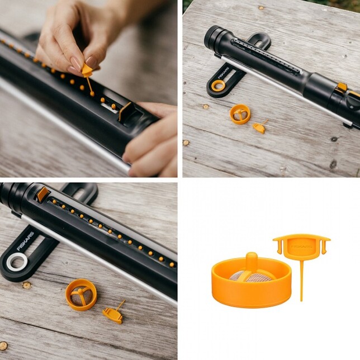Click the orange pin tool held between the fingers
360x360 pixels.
click(87, 70)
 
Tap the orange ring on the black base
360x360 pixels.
click(217, 86)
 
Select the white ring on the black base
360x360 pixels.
click(16, 262)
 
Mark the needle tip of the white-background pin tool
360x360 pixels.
click(301, 300)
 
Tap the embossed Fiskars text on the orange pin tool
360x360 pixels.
click(301, 244)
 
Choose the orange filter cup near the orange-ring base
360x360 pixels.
click(240, 113)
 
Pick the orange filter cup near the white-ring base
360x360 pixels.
click(81, 295)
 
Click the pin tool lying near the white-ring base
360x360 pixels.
click(113, 314)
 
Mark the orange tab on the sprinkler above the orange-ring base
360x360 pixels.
click(342, 87)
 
